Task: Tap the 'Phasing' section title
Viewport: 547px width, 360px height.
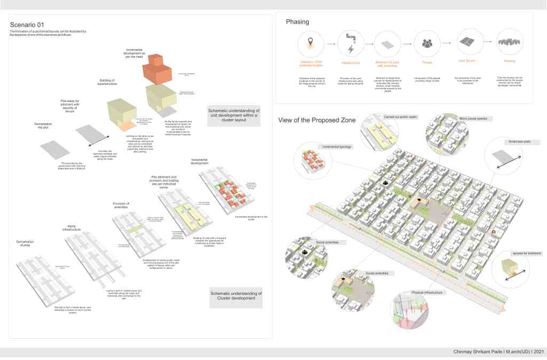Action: click(297, 22)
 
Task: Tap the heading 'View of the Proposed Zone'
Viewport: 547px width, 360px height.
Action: click(317, 120)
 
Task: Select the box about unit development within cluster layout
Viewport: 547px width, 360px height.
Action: click(233, 115)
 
